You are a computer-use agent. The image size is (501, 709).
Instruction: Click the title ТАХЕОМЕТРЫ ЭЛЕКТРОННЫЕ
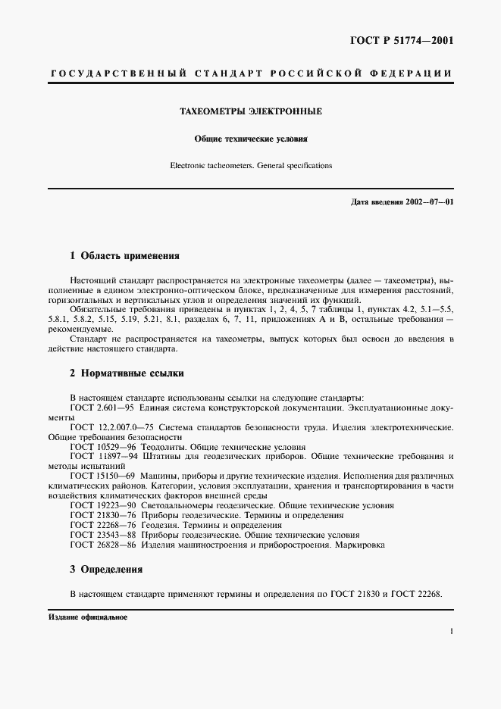pos(250,111)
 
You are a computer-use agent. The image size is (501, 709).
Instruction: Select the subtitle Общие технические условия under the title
pos(250,139)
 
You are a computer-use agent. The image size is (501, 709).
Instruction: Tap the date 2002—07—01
pos(428,202)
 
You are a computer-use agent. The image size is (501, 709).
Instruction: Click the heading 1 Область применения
pos(124,256)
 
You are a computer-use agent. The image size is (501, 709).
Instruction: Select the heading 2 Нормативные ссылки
pos(127,373)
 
